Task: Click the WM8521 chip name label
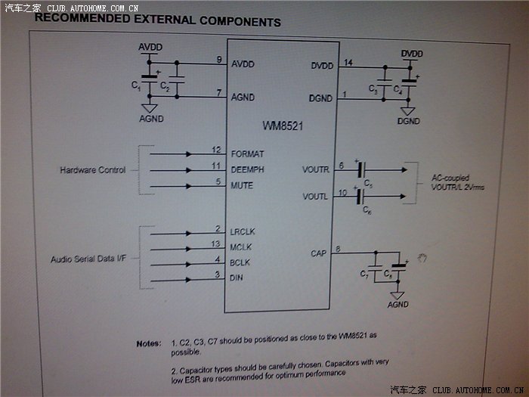pos(282,126)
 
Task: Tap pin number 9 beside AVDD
pos(218,60)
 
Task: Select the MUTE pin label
pos(242,185)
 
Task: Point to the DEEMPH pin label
pos(248,169)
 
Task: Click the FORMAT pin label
pos(248,154)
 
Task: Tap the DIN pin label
pos(237,278)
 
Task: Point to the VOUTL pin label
pos(315,197)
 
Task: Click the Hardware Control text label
pos(93,170)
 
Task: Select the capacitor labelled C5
pos(360,171)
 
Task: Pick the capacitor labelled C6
pos(360,197)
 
